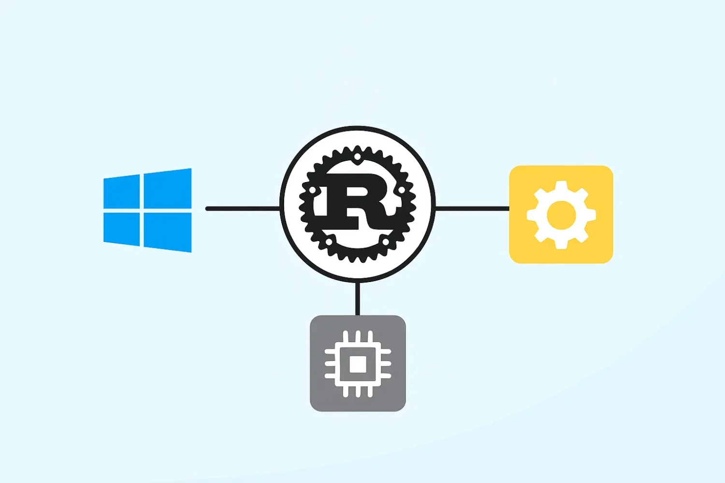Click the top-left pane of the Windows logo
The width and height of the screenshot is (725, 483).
pyautogui.click(x=122, y=192)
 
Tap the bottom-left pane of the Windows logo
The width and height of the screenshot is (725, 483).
pyautogui.click(x=122, y=229)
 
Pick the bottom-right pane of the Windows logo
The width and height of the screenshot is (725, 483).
pyautogui.click(x=168, y=232)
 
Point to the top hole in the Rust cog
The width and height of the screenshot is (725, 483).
pyautogui.click(x=357, y=156)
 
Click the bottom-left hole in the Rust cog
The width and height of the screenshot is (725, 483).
pyautogui.click(x=329, y=241)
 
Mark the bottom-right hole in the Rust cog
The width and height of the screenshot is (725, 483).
pyautogui.click(x=386, y=241)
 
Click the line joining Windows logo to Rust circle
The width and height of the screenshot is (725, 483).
pyautogui.click(x=243, y=209)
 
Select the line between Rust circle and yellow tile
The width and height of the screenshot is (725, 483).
pyautogui.click(x=473, y=209)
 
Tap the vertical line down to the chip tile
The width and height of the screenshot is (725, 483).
pyautogui.click(x=357, y=298)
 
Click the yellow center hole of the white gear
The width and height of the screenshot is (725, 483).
pyautogui.click(x=562, y=215)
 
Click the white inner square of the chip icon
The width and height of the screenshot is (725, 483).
pyautogui.click(x=358, y=364)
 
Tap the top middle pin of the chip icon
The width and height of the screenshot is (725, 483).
pyautogui.click(x=358, y=337)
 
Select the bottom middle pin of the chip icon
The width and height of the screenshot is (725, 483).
pyautogui.click(x=358, y=391)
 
